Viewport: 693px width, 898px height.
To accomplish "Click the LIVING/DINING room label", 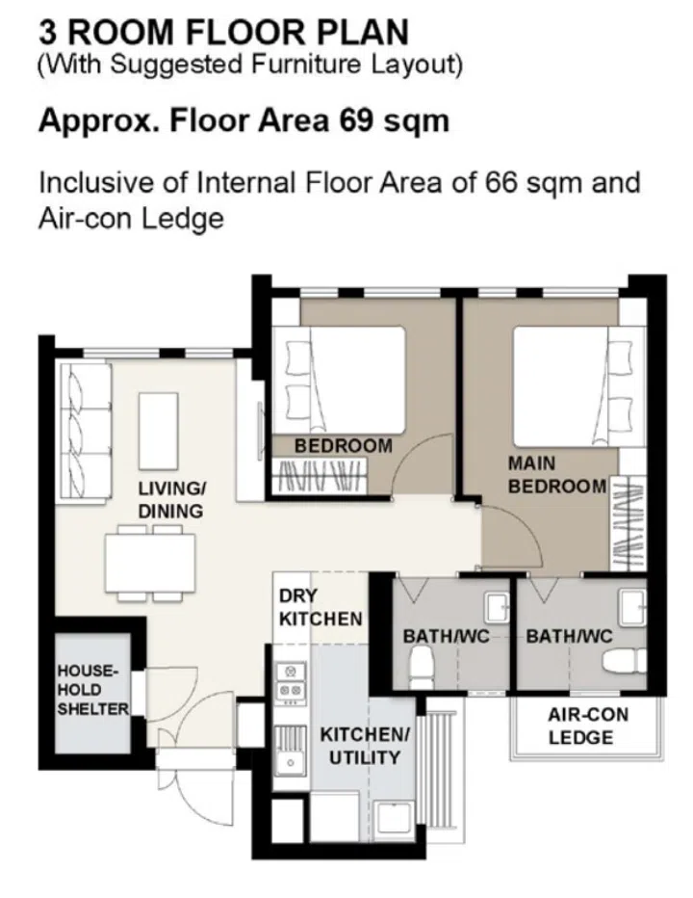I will tap(169, 500).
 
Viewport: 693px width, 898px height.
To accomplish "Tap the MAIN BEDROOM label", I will tap(556, 475).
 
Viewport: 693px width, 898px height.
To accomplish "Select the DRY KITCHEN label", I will tap(320, 608).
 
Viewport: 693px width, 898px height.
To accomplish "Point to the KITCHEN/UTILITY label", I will tap(365, 746).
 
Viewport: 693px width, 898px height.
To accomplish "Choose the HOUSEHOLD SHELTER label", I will tap(92, 689).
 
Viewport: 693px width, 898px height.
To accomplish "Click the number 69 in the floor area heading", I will tap(359, 122).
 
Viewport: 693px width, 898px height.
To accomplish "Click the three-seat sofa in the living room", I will tap(81, 425).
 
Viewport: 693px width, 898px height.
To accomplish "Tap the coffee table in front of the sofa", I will tap(159, 430).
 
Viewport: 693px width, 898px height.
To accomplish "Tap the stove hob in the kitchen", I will tap(290, 680).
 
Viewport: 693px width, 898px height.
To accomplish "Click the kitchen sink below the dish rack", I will tap(288, 761).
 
